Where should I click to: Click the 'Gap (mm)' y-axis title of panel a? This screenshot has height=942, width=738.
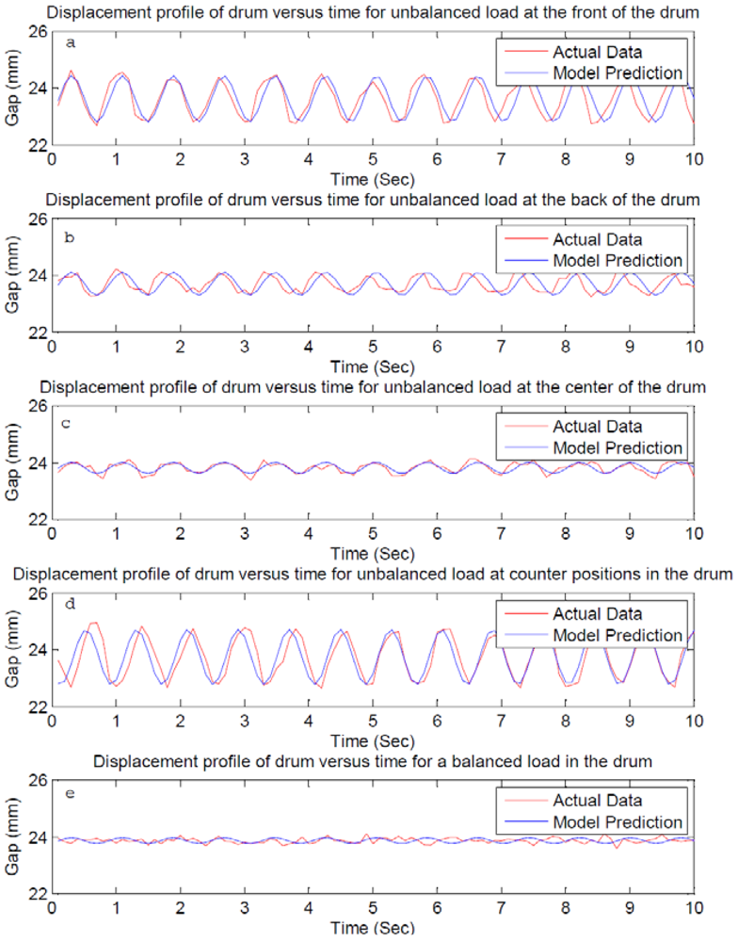pyautogui.click(x=13, y=88)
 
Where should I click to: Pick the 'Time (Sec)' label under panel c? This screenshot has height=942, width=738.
pyautogui.click(x=372, y=553)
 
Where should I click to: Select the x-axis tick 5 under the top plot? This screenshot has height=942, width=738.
pyautogui.click(x=373, y=159)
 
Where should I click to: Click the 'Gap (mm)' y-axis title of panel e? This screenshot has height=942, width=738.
pyautogui.click(x=13, y=836)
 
